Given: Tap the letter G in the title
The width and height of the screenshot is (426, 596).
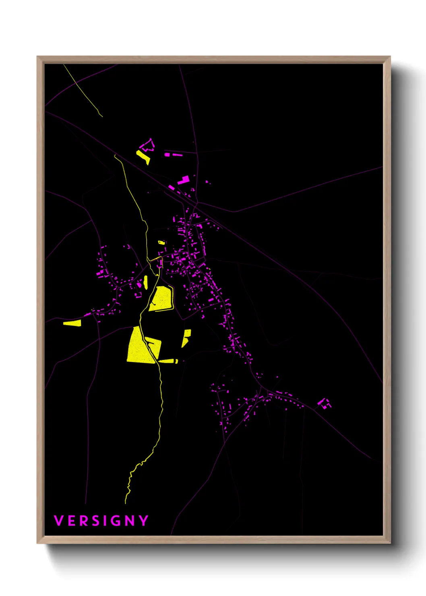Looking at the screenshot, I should click(115, 521).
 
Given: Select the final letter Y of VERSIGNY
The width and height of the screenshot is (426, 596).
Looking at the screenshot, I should click(144, 521).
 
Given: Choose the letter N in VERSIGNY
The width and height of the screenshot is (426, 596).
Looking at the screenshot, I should click(130, 521).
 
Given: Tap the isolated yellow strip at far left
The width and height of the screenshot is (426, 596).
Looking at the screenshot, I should click(72, 323).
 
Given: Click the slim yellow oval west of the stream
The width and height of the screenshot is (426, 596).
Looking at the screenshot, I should click(146, 282).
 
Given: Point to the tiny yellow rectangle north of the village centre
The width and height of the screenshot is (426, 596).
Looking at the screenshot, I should click(161, 242).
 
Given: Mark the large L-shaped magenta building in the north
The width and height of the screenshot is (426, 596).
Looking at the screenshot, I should click(184, 180).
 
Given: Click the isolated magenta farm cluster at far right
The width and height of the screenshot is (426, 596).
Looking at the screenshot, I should click(324, 404).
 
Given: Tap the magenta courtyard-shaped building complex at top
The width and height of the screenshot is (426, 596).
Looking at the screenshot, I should click(148, 145).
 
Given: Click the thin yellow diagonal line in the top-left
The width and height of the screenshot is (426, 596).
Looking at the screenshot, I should click(83, 91).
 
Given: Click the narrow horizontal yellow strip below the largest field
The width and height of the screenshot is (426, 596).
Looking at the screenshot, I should click(168, 361).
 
